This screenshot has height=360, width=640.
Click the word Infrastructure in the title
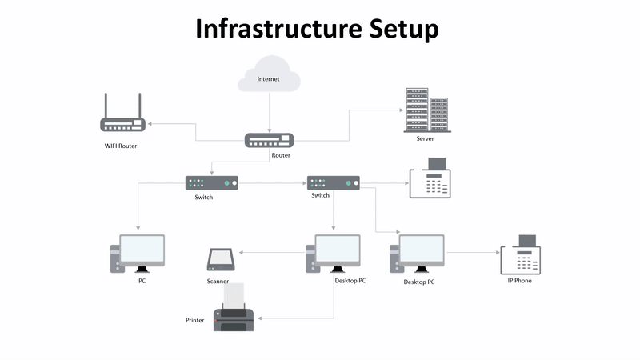277,29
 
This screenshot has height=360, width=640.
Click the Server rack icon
426,110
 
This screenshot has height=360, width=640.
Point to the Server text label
425,138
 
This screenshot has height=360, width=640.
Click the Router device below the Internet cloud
269,140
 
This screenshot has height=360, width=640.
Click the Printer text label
195,320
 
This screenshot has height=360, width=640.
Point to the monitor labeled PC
141,254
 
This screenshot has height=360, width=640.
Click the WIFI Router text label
122,146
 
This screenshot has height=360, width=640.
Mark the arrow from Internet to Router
269,112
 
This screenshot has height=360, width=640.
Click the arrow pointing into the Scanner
272,253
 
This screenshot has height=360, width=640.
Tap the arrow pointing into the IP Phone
472,253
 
